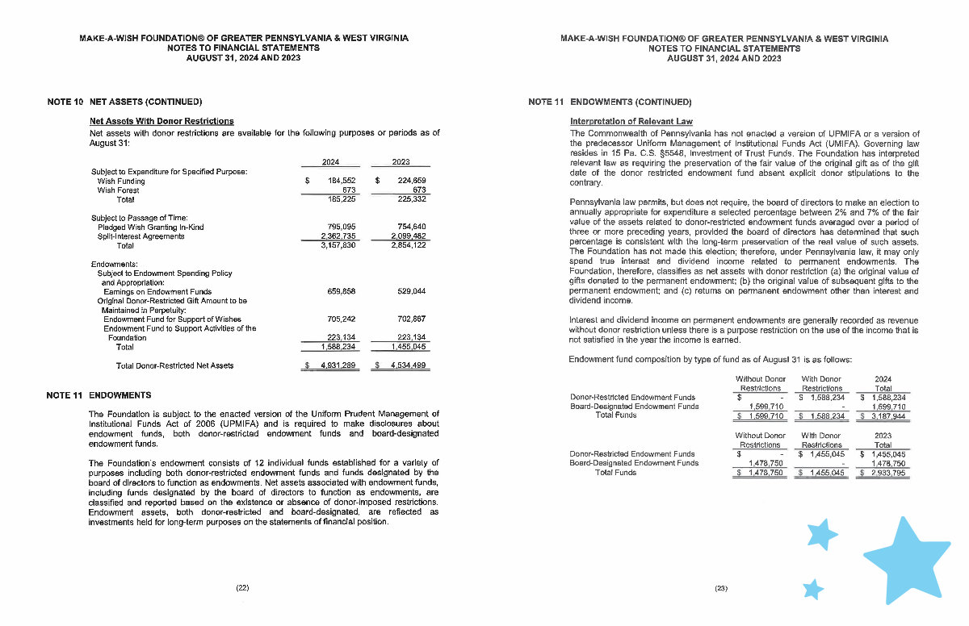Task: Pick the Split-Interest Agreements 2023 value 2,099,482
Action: tap(406, 236)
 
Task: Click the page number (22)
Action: tap(242, 588)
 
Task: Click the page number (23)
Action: tap(721, 588)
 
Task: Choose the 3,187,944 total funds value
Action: tap(887, 416)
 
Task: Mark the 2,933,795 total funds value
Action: tap(887, 473)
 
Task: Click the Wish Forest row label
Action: tap(117, 190)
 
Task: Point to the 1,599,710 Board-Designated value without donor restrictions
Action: tap(763, 407)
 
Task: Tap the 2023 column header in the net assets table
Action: tap(401, 162)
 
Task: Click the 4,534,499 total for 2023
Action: tap(406, 365)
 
